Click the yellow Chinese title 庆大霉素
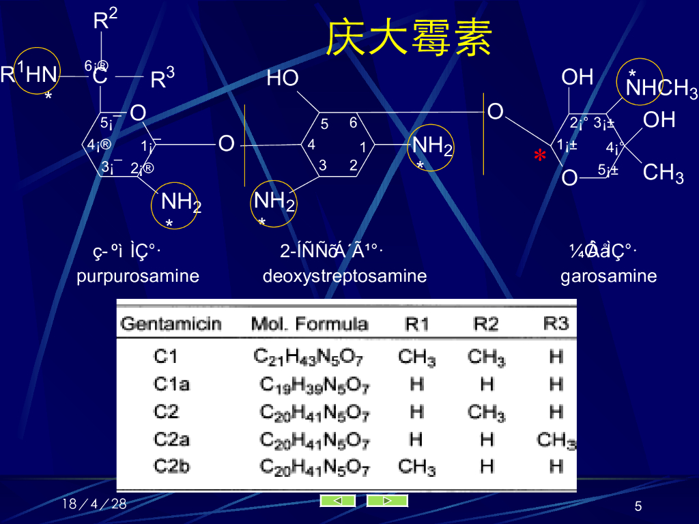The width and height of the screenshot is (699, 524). (409, 38)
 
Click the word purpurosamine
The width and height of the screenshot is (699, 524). (138, 276)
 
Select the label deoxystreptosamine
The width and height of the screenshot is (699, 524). (345, 276)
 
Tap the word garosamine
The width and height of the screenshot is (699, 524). (609, 276)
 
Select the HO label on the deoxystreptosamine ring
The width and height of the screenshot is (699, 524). (283, 78)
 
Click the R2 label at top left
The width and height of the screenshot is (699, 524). (104, 19)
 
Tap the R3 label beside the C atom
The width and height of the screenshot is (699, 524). (162, 78)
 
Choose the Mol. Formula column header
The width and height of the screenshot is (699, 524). (309, 323)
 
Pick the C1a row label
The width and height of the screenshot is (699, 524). (171, 384)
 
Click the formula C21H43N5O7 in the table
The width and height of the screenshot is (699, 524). (309, 356)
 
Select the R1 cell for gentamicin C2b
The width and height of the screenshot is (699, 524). (416, 467)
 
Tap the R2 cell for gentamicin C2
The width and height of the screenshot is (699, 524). (486, 412)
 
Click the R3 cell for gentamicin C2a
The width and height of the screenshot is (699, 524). (556, 440)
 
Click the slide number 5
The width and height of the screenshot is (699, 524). (638, 506)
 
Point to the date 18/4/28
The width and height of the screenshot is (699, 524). (94, 504)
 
